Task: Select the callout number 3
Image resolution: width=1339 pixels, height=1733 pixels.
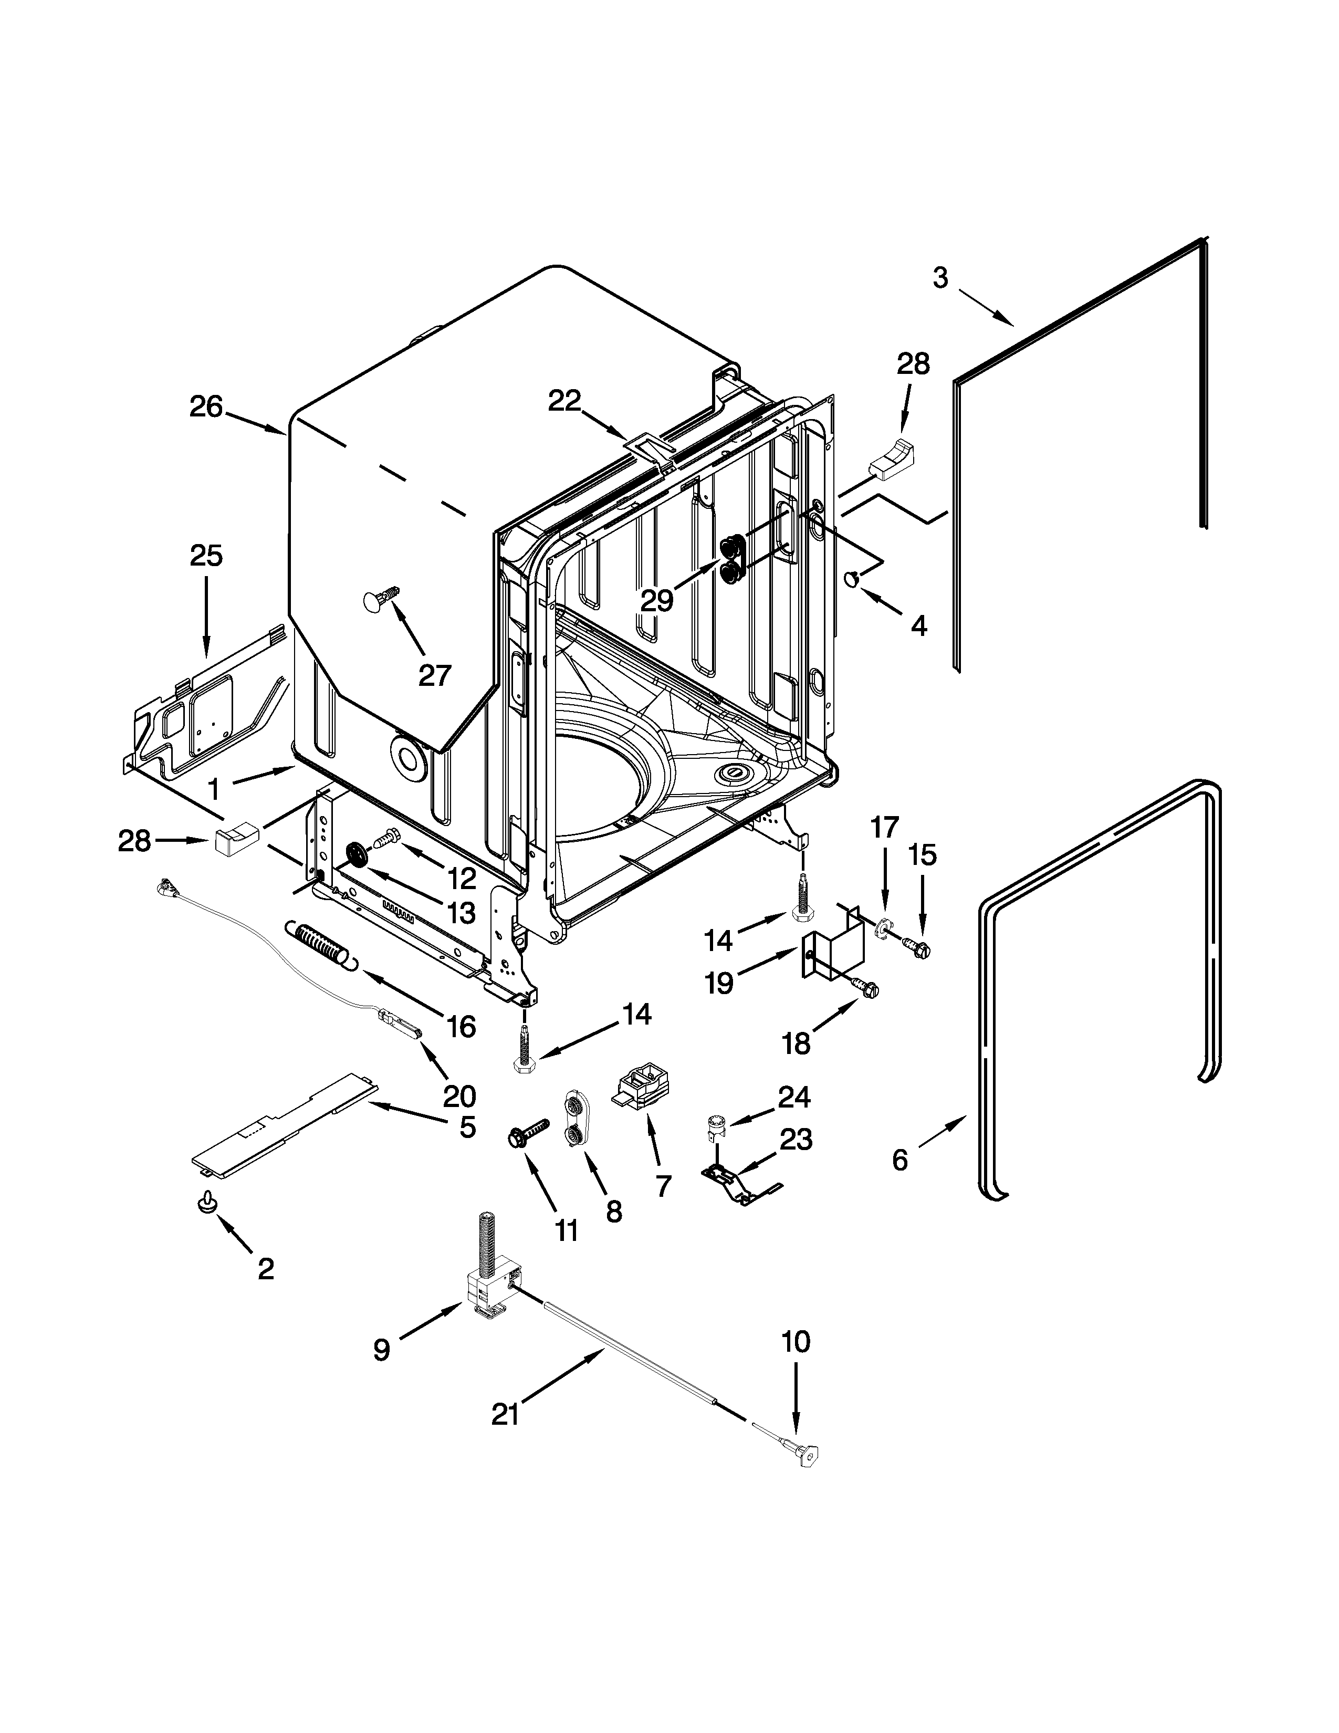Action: (940, 278)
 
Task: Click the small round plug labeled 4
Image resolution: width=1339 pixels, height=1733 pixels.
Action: (852, 580)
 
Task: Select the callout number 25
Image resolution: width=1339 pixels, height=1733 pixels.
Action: (205, 556)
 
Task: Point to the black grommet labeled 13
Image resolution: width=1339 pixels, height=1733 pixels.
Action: (358, 856)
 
